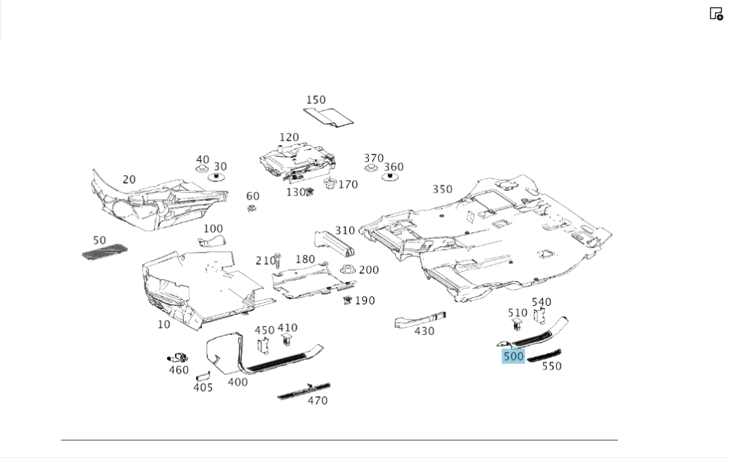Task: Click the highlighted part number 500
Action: coord(513,356)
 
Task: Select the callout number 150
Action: coord(316,100)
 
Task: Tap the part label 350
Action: coord(442,189)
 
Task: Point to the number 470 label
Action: coord(317,400)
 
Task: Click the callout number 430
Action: coord(424,331)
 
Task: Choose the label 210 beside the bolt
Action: coord(265,261)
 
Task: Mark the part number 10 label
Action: coord(163,325)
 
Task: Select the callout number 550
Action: coord(552,366)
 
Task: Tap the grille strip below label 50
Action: coord(104,253)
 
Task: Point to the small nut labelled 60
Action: coord(252,209)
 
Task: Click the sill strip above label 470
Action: coord(304,390)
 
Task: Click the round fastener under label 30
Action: coord(217,177)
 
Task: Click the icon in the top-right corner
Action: coord(716,13)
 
